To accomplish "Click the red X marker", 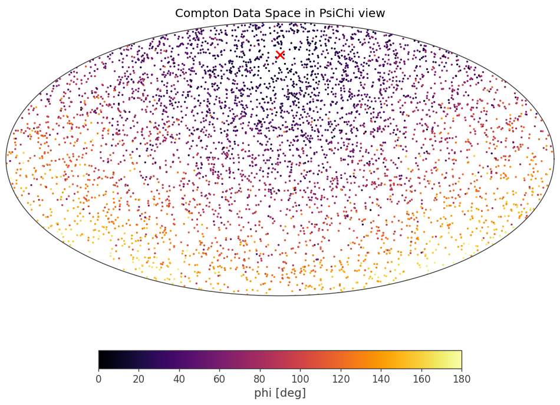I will pos(280,55).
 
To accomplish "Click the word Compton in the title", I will pos(200,14).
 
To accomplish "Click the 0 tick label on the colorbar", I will pos(98,379).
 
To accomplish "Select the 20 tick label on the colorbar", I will pos(139,379).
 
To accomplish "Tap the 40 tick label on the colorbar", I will pos(179,379).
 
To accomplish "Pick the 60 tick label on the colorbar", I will pos(219,379).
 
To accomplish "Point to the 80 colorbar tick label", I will pos(260,379).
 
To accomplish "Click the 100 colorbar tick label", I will pos(300,379).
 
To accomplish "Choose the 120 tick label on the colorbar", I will pos(341,379).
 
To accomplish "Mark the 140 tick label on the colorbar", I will pos(381,379).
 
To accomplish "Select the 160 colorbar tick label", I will pos(421,379).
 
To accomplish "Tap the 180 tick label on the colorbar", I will pos(462,379).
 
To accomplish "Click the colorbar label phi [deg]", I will pos(280,393).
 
